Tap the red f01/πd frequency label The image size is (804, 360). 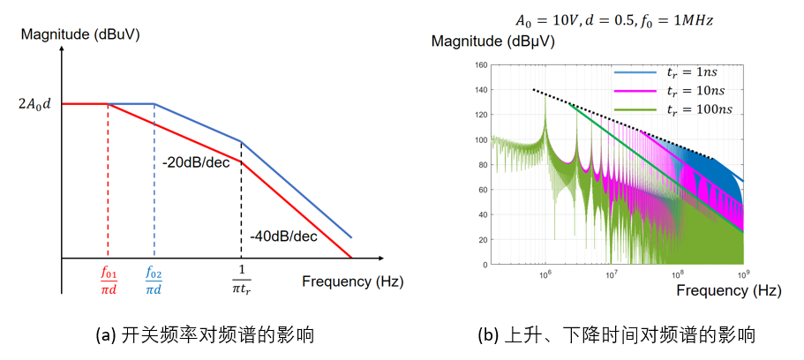(108, 281)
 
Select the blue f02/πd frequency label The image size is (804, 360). (154, 281)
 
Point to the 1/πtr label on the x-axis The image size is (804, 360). (240, 281)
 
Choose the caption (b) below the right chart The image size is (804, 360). (616, 335)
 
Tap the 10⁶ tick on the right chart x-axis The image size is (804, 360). (545, 274)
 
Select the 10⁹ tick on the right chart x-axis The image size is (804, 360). (742, 274)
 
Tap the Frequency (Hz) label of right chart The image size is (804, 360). (728, 289)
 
